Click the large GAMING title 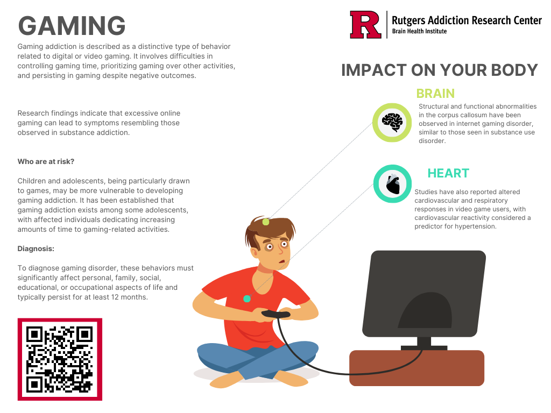click(x=72, y=26)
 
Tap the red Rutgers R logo click(x=365, y=25)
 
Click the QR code click(x=60, y=359)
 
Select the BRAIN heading click(x=435, y=93)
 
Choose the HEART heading click(x=448, y=173)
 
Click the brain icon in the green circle click(x=392, y=123)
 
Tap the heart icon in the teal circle click(x=392, y=184)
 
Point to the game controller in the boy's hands click(x=275, y=314)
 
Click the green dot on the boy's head click(x=265, y=222)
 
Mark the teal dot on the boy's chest click(x=247, y=298)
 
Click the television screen click(x=423, y=293)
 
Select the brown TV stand click(x=416, y=368)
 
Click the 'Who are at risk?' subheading click(x=46, y=161)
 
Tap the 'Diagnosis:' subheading click(x=36, y=248)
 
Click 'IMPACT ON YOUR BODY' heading click(x=440, y=70)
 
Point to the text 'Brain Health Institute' click(x=419, y=31)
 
